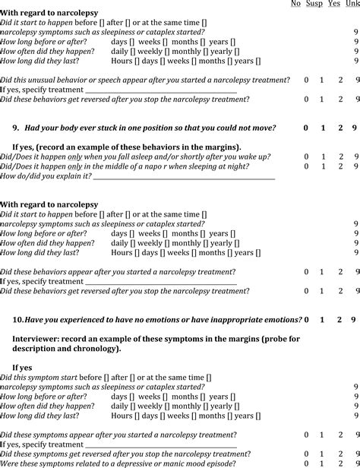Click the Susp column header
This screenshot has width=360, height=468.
[x=314, y=4]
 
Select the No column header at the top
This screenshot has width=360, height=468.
[x=295, y=4]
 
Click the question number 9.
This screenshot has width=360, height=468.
[x=16, y=128]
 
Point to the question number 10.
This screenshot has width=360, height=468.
[x=18, y=320]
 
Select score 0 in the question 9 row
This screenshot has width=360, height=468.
[x=305, y=128]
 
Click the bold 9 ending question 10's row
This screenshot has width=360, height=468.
[x=354, y=320]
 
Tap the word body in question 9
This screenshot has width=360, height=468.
[x=71, y=128]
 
